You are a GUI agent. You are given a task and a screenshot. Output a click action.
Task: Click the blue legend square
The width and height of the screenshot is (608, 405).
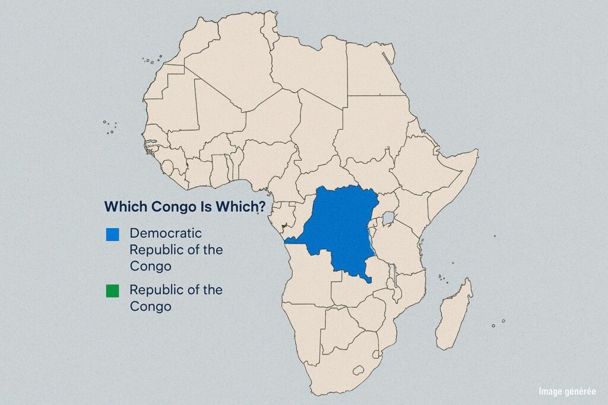[112, 235]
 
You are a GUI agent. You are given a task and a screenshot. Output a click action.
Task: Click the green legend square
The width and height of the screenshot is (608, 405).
[112, 291]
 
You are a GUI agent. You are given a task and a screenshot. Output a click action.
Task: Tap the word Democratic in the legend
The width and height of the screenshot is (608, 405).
[166, 233]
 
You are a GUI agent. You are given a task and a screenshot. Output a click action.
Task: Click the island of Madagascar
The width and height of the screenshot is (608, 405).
[454, 314]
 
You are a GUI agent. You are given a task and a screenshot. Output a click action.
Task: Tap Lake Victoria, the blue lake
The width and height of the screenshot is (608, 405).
[388, 218]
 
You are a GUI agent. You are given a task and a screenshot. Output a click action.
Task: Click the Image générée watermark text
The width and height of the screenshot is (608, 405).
[567, 391]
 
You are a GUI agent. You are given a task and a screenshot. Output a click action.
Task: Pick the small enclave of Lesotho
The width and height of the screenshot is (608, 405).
[359, 370]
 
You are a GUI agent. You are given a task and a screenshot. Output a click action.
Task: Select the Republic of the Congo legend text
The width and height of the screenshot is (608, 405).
[176, 298]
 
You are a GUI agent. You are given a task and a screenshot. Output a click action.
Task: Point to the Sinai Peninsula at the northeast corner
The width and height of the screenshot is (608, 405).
[389, 53]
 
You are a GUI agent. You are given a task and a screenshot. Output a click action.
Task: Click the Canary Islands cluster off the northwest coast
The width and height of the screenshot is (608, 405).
[153, 60]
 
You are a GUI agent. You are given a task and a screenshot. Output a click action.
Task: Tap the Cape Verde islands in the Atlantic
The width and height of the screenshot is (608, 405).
[110, 127]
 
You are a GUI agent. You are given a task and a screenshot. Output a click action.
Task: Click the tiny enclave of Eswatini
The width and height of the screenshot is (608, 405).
[376, 354]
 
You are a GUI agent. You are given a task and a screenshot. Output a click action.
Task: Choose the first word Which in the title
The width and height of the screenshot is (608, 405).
[126, 206]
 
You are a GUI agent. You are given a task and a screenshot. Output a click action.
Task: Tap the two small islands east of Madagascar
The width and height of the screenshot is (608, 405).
[499, 323]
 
